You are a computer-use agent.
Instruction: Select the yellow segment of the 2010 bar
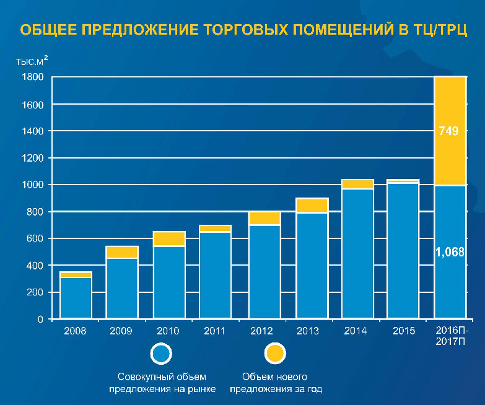click(169, 238)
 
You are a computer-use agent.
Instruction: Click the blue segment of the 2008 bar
click(76, 297)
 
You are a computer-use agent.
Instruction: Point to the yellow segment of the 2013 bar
click(312, 205)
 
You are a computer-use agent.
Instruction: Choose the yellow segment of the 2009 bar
click(122, 252)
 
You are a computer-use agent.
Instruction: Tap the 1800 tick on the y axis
click(33, 77)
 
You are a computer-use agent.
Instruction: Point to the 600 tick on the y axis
click(35, 239)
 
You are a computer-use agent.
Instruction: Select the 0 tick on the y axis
click(40, 320)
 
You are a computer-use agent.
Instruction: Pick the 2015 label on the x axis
click(404, 331)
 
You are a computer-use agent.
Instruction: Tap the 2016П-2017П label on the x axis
click(450, 336)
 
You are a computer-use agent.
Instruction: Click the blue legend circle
click(162, 354)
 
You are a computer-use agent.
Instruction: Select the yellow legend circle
click(274, 354)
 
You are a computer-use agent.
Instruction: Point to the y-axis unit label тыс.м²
click(32, 61)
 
